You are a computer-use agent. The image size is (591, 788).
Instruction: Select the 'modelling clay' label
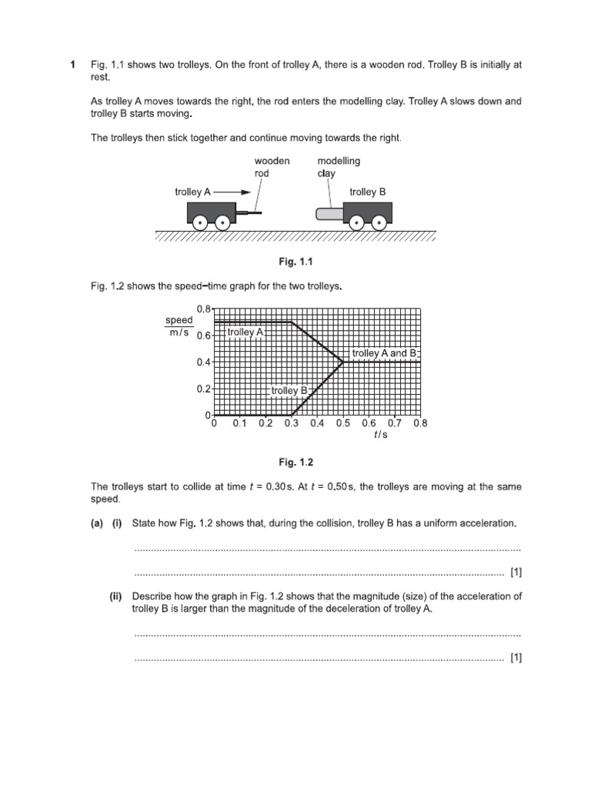click(339, 167)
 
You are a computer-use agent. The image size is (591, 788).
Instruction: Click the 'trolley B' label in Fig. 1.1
click(368, 192)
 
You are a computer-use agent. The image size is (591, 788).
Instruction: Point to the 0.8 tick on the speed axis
click(203, 309)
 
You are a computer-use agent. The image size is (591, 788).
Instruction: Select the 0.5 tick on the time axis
click(343, 422)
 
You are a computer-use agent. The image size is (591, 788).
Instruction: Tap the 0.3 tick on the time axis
click(291, 422)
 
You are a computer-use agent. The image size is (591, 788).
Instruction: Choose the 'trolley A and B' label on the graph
click(383, 352)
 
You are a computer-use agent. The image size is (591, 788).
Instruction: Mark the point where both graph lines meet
click(343, 362)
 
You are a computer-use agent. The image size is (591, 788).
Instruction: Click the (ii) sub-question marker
click(116, 596)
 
